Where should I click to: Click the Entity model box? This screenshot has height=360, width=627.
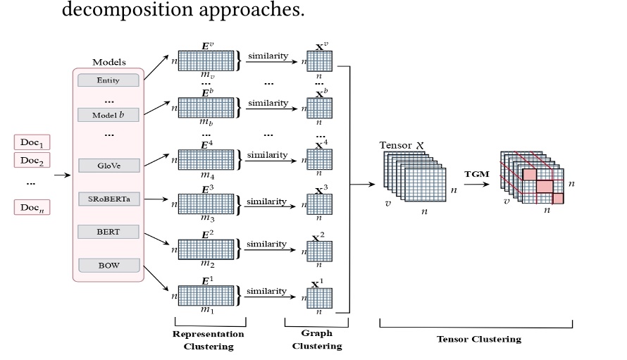(x=108, y=80)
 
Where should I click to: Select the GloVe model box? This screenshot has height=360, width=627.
(x=108, y=166)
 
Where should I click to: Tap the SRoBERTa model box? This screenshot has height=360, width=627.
(x=108, y=199)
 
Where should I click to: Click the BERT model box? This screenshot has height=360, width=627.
(x=108, y=231)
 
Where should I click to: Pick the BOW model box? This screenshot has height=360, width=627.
(x=108, y=266)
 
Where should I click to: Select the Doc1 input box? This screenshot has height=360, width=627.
(x=32, y=143)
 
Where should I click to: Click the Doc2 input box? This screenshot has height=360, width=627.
(x=32, y=160)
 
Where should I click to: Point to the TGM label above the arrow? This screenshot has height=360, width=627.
(x=476, y=173)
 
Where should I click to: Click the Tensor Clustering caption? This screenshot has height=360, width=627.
(x=479, y=339)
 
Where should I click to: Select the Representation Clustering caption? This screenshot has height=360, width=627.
(x=209, y=340)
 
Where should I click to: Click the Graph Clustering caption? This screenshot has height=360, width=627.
(x=316, y=340)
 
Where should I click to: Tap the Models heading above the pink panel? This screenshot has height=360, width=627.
(x=109, y=63)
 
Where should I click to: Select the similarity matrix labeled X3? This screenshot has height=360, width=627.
(x=318, y=205)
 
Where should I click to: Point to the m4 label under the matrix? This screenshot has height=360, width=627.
(x=206, y=175)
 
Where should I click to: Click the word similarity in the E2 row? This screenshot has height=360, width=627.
(x=266, y=244)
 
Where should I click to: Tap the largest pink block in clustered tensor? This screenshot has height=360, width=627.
(x=545, y=186)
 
